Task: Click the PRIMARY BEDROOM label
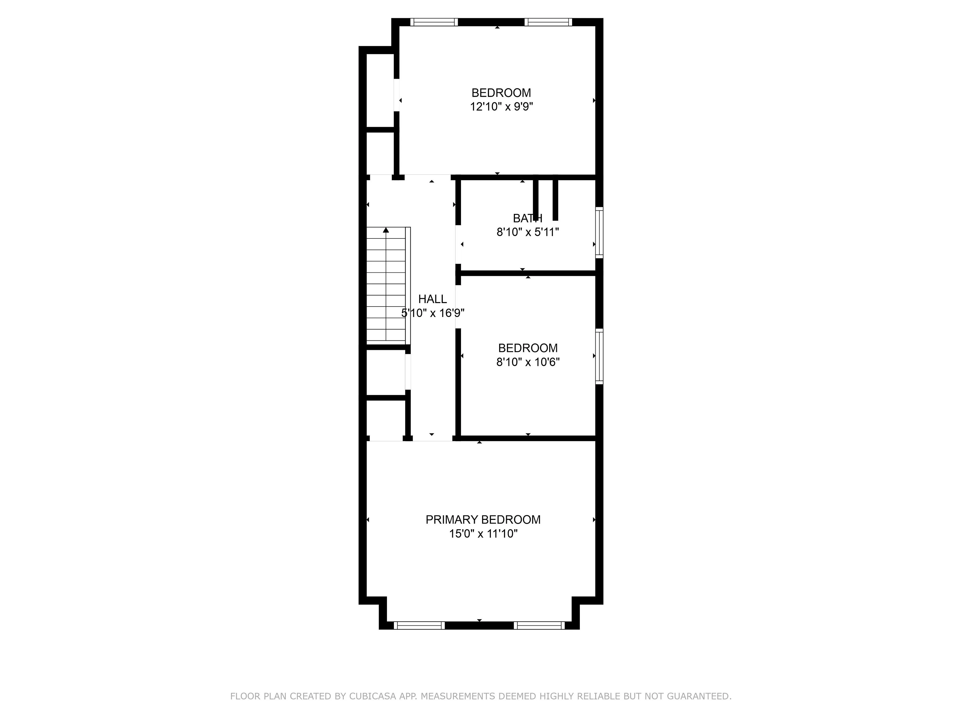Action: click(483, 520)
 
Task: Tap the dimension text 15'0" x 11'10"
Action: click(483, 534)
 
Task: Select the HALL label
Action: click(432, 299)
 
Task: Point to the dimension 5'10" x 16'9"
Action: click(433, 313)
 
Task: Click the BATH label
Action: click(527, 218)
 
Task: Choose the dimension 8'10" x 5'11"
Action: click(527, 232)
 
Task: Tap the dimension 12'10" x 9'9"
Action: click(501, 107)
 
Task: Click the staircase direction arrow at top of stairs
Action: click(386, 230)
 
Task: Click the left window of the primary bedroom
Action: click(419, 625)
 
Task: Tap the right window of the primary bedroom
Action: click(539, 625)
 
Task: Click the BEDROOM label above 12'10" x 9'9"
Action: click(501, 93)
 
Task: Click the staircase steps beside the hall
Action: click(386, 287)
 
